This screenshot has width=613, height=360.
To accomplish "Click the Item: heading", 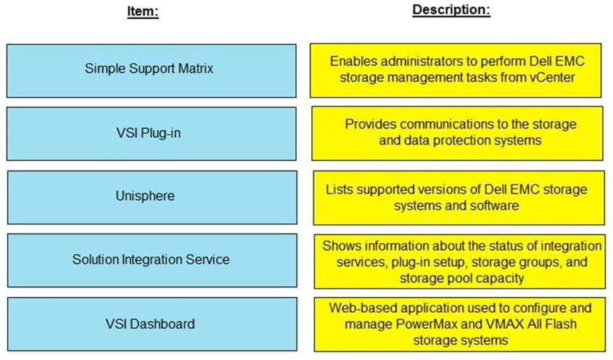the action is click(x=143, y=11).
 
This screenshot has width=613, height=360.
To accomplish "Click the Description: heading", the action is click(x=451, y=9).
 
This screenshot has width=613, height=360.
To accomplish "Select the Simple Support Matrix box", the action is click(x=152, y=71).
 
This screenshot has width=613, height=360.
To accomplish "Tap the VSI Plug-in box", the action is click(x=152, y=134).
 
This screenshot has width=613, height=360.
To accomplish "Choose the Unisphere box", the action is click(x=152, y=197).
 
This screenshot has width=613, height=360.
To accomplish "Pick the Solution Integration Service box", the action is click(x=152, y=261).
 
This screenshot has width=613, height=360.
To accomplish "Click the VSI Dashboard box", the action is click(x=152, y=324).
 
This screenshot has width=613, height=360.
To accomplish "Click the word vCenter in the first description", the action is click(x=552, y=77).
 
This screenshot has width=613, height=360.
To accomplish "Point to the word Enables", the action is click(x=353, y=61).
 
